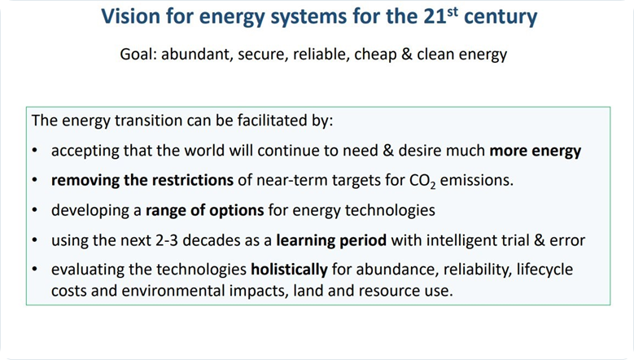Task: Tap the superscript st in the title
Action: click(453, 11)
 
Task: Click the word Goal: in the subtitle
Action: click(138, 55)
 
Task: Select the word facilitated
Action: click(268, 120)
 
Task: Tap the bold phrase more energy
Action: click(536, 151)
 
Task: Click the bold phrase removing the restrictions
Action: click(142, 180)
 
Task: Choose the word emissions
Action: click(477, 180)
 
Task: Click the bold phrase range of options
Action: click(205, 210)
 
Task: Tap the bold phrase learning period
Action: click(331, 240)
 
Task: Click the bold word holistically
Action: click(289, 270)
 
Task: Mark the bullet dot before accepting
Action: click(35, 151)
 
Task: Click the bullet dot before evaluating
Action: click(35, 270)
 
